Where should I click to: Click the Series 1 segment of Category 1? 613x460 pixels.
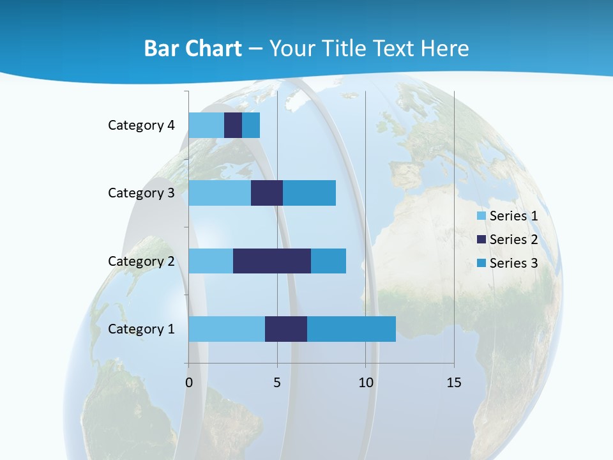pyautogui.click(x=227, y=329)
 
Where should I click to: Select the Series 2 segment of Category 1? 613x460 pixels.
pyautogui.click(x=286, y=329)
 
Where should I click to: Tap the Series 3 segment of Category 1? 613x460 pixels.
pyautogui.click(x=351, y=329)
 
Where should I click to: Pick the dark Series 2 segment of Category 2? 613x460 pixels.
pyautogui.click(x=272, y=261)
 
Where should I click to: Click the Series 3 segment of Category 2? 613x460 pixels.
pyautogui.click(x=328, y=261)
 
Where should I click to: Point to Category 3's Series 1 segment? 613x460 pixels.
pyautogui.click(x=220, y=193)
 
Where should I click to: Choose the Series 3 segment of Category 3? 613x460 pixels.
pyautogui.click(x=309, y=193)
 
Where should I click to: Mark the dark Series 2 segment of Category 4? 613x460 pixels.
pyautogui.click(x=233, y=125)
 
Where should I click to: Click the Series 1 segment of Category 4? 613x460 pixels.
pyautogui.click(x=206, y=125)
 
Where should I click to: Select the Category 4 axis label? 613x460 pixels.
pyautogui.click(x=141, y=125)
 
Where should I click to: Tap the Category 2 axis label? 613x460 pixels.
pyautogui.click(x=141, y=261)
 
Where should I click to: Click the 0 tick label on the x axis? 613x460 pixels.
pyautogui.click(x=189, y=383)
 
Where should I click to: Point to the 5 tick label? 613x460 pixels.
pyautogui.click(x=277, y=383)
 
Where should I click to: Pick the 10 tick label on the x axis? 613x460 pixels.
pyautogui.click(x=365, y=383)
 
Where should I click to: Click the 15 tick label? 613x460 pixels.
pyautogui.click(x=454, y=383)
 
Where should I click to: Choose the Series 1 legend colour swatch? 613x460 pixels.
pyautogui.click(x=481, y=216)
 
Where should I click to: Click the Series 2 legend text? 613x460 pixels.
pyautogui.click(x=513, y=240)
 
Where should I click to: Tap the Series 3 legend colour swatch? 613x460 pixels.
pyautogui.click(x=481, y=263)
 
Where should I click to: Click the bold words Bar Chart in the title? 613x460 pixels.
pyautogui.click(x=193, y=49)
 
